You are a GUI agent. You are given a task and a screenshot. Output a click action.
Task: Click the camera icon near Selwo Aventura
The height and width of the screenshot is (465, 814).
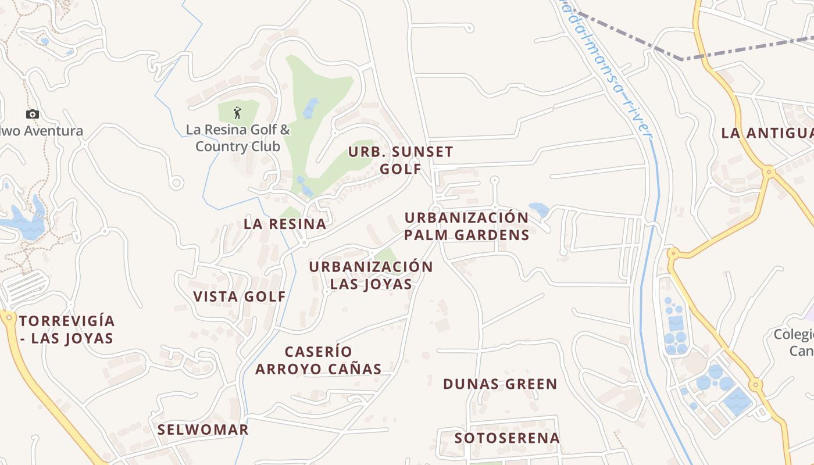pyautogui.click(x=33, y=115)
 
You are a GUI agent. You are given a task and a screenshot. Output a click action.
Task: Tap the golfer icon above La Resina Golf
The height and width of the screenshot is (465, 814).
pyautogui.click(x=237, y=112)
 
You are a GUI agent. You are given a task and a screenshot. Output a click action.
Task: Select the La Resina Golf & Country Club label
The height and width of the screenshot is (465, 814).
pyautogui.click(x=237, y=138)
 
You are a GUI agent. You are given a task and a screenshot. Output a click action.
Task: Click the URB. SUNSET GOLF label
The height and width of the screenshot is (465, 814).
pyautogui.click(x=401, y=160)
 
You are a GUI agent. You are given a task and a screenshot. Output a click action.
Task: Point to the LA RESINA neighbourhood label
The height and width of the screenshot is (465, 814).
pyautogui.click(x=285, y=224)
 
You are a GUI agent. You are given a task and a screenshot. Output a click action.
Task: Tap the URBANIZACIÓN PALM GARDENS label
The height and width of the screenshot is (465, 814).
pyautogui.click(x=467, y=226)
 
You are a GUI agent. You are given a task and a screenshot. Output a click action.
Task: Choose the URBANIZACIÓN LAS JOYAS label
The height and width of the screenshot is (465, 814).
pyautogui.click(x=371, y=275)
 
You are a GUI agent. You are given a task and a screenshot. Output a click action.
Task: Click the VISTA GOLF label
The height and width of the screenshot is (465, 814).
pyautogui.click(x=240, y=296)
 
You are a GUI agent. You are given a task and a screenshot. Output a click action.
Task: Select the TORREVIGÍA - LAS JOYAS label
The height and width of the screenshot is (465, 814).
pyautogui.click(x=66, y=330)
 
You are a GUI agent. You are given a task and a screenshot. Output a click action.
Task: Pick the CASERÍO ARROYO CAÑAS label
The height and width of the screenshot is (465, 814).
pyautogui.click(x=319, y=360)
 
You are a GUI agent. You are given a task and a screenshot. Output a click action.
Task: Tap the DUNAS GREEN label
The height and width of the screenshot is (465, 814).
pyautogui.click(x=500, y=384)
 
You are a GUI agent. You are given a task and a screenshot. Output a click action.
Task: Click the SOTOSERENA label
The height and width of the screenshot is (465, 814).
pyautogui.click(x=507, y=438)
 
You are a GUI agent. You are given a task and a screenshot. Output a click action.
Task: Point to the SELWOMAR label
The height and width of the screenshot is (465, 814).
pyautogui.click(x=203, y=430)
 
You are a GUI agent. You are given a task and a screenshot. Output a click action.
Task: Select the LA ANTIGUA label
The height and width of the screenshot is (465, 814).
pyautogui.click(x=766, y=133)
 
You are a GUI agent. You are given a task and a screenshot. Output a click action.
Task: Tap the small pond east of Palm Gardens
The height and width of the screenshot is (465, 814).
pyautogui.click(x=538, y=209)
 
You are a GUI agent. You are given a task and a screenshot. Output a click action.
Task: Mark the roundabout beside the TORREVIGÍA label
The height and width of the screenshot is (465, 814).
pyautogui.click(x=9, y=317)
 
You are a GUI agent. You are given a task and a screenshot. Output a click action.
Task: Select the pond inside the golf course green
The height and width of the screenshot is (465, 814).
pyautogui.click(x=310, y=108)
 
